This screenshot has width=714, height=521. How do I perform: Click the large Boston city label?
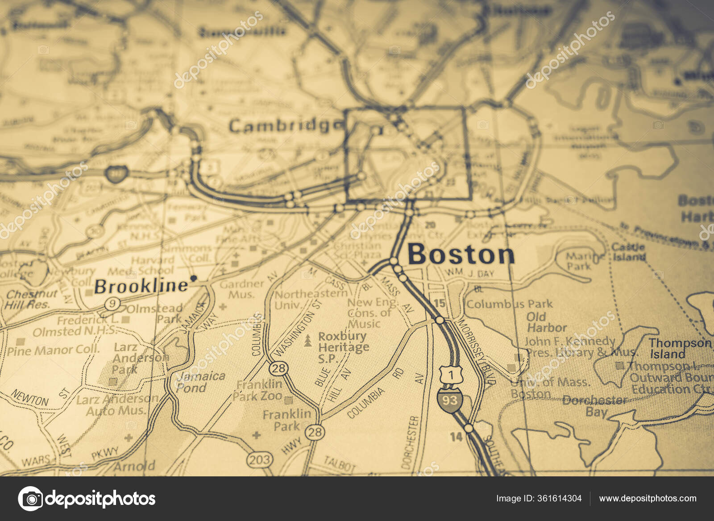click(461, 254)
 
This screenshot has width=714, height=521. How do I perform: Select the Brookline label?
click(141, 286)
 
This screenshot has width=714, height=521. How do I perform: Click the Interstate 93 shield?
click(449, 400)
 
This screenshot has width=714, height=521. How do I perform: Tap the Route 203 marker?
click(259, 459)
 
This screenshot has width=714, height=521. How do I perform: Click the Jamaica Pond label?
click(200, 382)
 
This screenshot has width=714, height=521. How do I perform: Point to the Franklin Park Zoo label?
click(260, 390)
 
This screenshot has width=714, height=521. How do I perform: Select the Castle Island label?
click(628, 252)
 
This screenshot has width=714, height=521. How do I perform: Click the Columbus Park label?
click(509, 304)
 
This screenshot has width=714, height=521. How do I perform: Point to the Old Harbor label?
click(547, 322)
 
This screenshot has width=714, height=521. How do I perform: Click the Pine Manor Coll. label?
click(53, 350)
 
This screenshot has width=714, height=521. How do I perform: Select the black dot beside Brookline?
click(194, 278)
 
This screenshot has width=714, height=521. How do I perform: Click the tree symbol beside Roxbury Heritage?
click(307, 342)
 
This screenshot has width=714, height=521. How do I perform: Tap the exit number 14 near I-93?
click(456, 436)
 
